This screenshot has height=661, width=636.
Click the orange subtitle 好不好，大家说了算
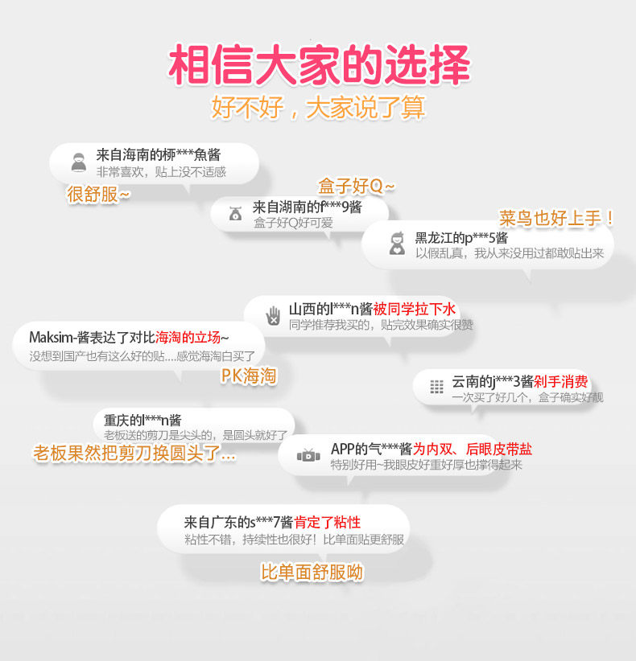point(318,108)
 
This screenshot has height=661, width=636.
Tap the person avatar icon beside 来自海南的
point(78,162)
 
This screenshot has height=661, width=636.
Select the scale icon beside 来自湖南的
point(235,214)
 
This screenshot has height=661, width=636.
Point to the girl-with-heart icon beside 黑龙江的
point(397,244)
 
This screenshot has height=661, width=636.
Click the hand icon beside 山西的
point(274,315)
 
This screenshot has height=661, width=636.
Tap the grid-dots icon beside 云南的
point(436,387)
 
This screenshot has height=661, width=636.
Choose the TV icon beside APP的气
point(308,456)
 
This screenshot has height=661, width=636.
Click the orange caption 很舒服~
point(97,194)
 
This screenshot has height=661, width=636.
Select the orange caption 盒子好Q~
point(357,186)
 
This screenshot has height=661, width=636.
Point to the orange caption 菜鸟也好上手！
point(558,218)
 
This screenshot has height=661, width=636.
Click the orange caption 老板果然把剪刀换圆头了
point(134,454)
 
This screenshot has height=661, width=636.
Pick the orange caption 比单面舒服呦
point(312,572)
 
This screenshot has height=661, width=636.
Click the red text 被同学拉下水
point(415,309)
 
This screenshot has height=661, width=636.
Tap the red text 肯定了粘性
point(327,522)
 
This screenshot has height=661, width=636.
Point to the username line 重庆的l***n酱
point(142,420)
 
